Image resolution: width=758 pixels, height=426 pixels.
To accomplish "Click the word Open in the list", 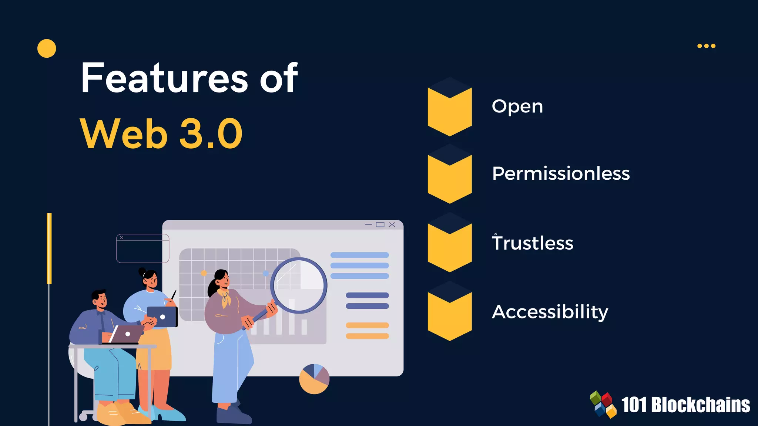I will [x=517, y=106].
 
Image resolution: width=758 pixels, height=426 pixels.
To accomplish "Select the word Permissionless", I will [x=561, y=173].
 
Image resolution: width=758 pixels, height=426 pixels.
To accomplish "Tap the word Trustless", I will [x=533, y=243].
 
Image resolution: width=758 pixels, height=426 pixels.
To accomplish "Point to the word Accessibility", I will [x=550, y=312].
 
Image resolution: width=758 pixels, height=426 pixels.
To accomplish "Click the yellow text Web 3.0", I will [x=161, y=133].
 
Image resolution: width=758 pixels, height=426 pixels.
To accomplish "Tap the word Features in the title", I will [x=164, y=78].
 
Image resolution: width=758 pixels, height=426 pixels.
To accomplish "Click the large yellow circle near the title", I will [x=47, y=48].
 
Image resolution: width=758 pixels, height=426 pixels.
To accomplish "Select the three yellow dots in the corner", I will [x=706, y=46].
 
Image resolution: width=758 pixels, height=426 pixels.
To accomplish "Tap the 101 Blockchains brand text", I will [x=685, y=405].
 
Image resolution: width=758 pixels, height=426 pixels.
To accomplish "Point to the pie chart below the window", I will [x=314, y=379].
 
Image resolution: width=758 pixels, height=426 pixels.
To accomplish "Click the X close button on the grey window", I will [x=392, y=224].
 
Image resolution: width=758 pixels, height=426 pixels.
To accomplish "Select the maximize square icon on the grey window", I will [x=380, y=224].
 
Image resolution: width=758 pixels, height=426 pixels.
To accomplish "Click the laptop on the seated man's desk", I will [x=126, y=334].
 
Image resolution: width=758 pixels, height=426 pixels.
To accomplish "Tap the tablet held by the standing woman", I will [x=162, y=317].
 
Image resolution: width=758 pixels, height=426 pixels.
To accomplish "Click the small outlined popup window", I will [x=142, y=248].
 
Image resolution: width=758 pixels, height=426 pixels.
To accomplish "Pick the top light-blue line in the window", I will [x=359, y=255].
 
